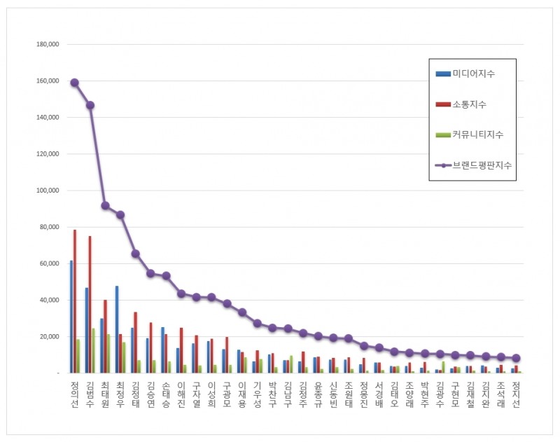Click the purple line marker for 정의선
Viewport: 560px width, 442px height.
click(x=74, y=83)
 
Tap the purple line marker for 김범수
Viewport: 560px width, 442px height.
click(x=90, y=105)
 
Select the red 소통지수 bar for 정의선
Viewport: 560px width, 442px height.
click(x=74, y=301)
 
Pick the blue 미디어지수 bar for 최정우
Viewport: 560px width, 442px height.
click(x=116, y=329)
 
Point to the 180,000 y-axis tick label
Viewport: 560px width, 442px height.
click(x=47, y=44)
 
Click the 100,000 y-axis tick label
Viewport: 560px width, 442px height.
click(x=47, y=191)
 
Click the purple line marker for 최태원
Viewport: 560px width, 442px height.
click(x=105, y=205)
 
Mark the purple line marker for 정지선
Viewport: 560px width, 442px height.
click(x=516, y=358)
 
